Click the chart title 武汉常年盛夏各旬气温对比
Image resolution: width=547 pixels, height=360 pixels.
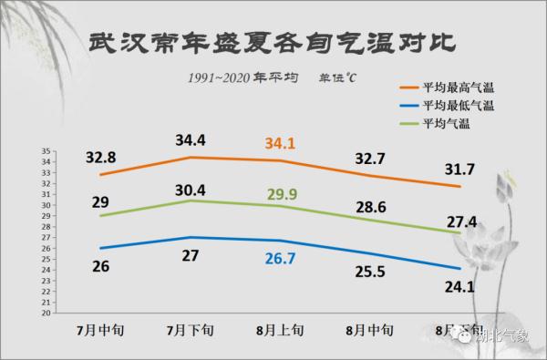pyautogui.click(x=273, y=45)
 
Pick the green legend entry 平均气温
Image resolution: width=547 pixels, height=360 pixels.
pyautogui.click(x=446, y=123)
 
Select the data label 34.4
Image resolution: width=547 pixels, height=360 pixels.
pyautogui.click(x=191, y=139)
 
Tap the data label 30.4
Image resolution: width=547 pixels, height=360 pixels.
pyautogui.click(x=191, y=190)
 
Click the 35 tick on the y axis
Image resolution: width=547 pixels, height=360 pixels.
pyautogui.click(x=46, y=151)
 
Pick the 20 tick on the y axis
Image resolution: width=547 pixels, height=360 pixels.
pyautogui.click(x=46, y=313)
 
